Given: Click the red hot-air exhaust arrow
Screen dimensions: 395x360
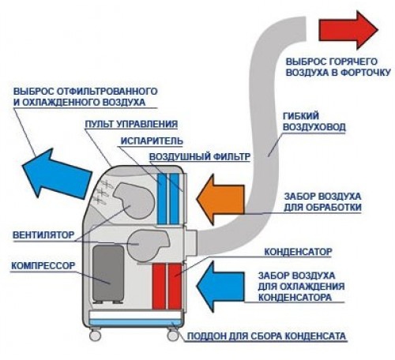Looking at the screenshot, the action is (x=348, y=30).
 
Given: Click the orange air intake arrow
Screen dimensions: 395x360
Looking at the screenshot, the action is (x=220, y=199).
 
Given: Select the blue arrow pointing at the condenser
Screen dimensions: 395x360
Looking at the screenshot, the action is (x=220, y=287).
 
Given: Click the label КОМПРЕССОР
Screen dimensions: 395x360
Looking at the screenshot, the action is (x=43, y=265).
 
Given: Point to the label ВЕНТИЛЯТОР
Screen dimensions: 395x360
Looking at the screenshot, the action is (x=43, y=234).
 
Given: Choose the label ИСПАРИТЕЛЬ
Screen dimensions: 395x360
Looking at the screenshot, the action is (x=152, y=141).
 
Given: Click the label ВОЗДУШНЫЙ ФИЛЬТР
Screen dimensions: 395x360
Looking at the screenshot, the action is (x=200, y=157).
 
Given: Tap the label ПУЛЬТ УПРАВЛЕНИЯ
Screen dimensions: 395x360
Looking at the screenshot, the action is (x=131, y=124).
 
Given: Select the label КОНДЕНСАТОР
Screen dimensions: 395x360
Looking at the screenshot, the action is (x=298, y=252).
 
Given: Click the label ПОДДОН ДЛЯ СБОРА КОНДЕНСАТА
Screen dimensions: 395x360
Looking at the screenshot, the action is (x=266, y=336).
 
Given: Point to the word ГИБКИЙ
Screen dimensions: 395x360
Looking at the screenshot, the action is (x=301, y=116).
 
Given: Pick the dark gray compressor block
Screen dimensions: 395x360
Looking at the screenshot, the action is (x=108, y=274).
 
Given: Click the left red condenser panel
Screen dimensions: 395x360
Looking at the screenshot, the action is (x=159, y=287).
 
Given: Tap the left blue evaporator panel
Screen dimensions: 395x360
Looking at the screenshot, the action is (x=162, y=198).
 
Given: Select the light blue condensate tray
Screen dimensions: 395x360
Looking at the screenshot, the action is (x=135, y=322).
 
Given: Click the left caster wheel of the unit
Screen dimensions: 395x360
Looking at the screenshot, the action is (x=95, y=336).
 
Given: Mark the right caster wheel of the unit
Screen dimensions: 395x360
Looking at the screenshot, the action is (x=173, y=336).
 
